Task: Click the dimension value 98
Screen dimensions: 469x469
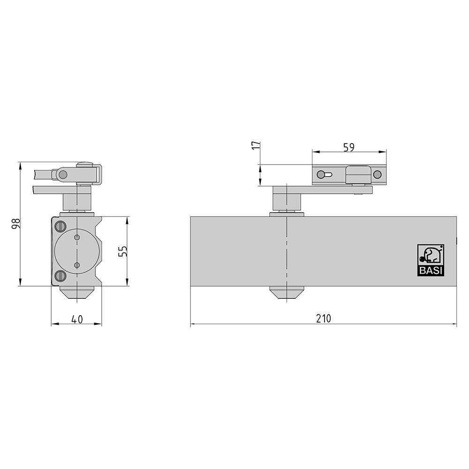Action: [15, 224]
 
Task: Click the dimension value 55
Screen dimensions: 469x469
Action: [123, 251]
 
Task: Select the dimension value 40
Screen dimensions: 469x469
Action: [77, 319]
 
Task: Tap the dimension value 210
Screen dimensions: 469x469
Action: [324, 318]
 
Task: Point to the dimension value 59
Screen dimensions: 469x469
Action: [349, 147]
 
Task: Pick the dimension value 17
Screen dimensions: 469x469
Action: [257, 146]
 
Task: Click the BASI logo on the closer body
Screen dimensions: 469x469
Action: [431, 260]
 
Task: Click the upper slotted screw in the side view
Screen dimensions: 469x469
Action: [61, 226]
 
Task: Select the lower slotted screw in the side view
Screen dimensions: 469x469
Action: [61, 275]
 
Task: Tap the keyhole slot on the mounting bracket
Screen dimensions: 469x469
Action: [324, 174]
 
